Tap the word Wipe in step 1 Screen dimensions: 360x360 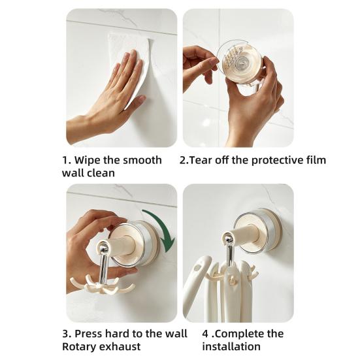click(x=87, y=160)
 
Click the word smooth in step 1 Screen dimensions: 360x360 click(x=142, y=160)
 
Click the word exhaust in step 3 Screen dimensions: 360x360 click(x=119, y=347)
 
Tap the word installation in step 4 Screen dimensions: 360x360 click(x=231, y=346)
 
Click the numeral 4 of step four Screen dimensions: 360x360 click(x=205, y=334)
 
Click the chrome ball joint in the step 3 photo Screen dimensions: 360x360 click(x=104, y=248)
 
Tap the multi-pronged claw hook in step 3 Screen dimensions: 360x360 click(x=102, y=286)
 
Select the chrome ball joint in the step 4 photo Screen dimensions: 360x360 click(x=229, y=239)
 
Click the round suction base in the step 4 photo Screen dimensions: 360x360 click(x=257, y=230)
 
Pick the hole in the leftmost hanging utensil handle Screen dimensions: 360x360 click(x=197, y=268)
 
